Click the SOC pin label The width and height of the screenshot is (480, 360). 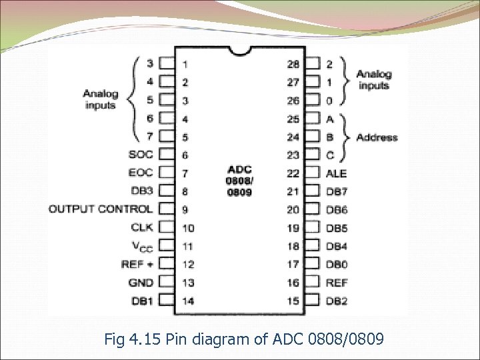tap(141, 155)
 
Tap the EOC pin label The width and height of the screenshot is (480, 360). tap(141, 173)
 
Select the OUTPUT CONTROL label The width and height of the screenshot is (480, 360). tap(101, 209)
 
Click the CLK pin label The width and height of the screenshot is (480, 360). tap(142, 227)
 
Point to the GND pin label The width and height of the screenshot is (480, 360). tap(141, 283)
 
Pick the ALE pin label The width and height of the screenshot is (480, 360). tap(336, 173)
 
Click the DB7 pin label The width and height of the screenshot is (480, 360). tap(337, 191)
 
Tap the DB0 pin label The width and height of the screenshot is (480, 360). tap(337, 265)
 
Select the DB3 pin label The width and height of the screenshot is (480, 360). tap(142, 191)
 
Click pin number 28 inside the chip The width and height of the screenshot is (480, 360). tap(293, 65)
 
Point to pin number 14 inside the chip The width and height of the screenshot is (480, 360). tap(188, 301)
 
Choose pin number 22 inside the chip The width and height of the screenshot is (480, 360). tap(293, 173)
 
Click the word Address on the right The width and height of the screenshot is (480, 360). tap(377, 138)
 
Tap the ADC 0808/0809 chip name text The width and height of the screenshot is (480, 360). tap(239, 180)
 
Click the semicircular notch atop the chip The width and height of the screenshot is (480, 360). tap(240, 50)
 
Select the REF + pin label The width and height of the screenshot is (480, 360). tap(137, 265)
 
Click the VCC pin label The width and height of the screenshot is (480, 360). tap(141, 247)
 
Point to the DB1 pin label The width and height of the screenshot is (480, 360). tap(142, 301)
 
